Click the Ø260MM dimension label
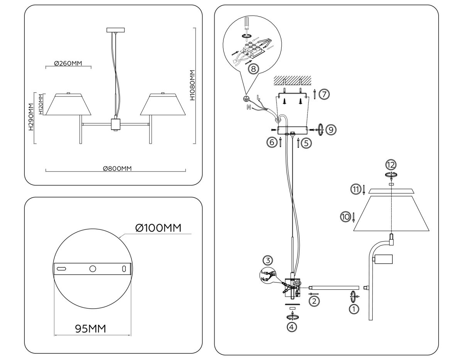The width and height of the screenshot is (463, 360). [68, 64]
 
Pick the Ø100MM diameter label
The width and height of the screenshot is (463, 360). [158, 228]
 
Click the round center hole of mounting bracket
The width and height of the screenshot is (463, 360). [93, 269]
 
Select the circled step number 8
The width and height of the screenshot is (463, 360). [253, 69]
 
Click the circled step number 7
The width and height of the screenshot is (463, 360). [324, 94]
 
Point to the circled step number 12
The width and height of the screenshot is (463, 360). [391, 165]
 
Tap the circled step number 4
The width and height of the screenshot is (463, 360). [292, 327]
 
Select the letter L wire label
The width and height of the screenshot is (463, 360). [258, 98]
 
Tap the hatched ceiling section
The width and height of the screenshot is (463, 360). [292, 80]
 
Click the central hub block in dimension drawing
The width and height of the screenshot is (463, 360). [115, 124]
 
